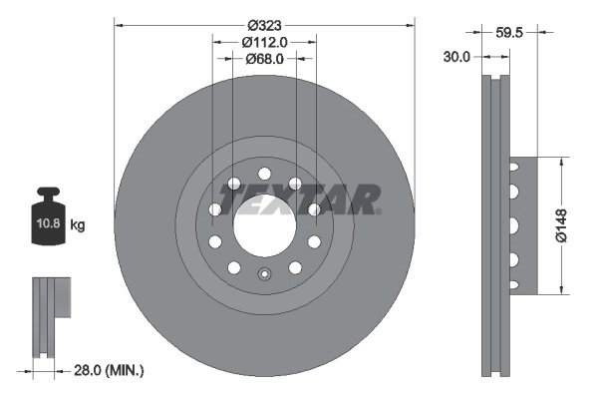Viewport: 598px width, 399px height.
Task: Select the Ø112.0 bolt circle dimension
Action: point(264,41)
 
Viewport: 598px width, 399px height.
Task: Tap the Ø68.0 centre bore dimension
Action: point(264,59)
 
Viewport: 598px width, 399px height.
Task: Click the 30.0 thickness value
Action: point(456,58)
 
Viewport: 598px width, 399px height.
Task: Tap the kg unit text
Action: point(78,225)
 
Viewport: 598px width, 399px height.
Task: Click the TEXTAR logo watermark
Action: point(299,199)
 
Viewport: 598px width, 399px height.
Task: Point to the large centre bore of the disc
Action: point(264,225)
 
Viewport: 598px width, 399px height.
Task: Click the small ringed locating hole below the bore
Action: point(264,277)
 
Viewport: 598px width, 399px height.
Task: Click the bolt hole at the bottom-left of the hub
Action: point(233,266)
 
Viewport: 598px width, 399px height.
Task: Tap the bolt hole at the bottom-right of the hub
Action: point(295,266)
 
